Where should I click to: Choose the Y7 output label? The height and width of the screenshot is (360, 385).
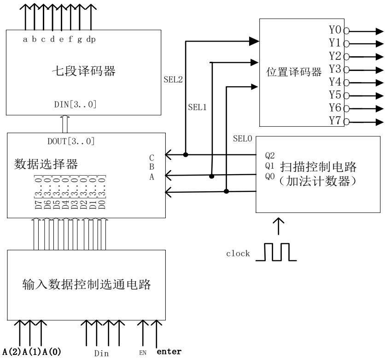(x=336, y=121)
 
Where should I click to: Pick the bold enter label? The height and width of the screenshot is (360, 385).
(x=169, y=352)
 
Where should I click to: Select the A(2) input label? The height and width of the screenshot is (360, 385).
(x=10, y=353)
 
